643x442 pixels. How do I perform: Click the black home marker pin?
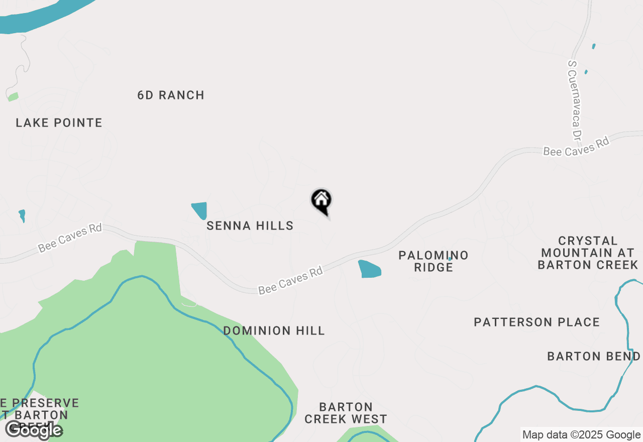[321, 201]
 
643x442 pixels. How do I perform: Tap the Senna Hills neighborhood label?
[250, 226]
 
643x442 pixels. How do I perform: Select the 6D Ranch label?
[171, 95]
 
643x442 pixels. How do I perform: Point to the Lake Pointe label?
[59, 123]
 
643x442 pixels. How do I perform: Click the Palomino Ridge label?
[433, 261]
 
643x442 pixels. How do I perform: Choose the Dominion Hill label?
[274, 330]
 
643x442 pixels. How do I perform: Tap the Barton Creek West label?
[346, 413]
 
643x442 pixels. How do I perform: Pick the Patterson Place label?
[537, 322]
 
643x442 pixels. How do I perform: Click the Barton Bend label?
[593, 356]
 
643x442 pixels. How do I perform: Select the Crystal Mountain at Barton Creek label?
[588, 253]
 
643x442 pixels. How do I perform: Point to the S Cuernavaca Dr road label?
[575, 100]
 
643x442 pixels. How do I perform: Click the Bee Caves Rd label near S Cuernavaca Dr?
[576, 146]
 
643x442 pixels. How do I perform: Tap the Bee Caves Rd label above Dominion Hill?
[290, 281]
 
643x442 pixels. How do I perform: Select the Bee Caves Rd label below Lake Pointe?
[70, 238]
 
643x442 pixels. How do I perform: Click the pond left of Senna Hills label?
[199, 209]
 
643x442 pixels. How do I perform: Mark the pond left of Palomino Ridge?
[369, 269]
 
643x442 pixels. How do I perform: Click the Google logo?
[34, 430]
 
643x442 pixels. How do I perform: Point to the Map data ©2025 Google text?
[581, 435]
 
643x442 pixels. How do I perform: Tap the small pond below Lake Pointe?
[22, 215]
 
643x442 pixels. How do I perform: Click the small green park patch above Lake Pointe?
[13, 96]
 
